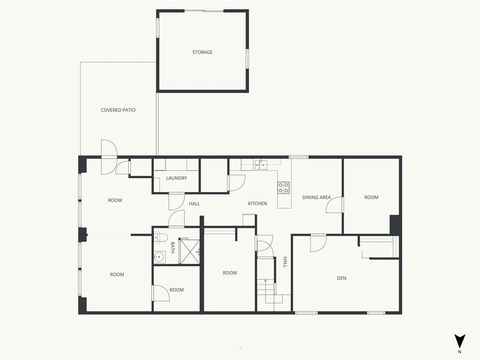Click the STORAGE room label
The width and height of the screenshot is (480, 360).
click(202, 52)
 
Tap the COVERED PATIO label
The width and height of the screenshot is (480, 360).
click(118, 110)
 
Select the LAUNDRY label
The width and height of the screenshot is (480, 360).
click(176, 178)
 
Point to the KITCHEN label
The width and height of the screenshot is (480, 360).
click(257, 203)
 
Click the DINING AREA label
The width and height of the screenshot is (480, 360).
click(316, 197)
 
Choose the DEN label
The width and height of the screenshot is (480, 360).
click(342, 278)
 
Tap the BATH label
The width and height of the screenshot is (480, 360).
click(172, 247)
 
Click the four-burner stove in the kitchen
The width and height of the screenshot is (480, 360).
click(284, 187)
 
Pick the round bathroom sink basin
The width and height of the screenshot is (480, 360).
click(159, 257)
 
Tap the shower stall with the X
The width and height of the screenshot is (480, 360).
click(189, 250)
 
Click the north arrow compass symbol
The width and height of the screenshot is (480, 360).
click(459, 341)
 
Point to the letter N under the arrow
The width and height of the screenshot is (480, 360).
click(459, 352)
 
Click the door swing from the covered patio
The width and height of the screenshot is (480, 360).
click(109, 157)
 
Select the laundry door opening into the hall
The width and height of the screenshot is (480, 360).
click(177, 202)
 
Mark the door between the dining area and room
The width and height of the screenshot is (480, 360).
click(335, 204)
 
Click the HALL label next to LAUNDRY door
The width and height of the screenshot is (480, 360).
click(195, 203)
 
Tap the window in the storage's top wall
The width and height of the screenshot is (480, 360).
click(204, 11)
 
